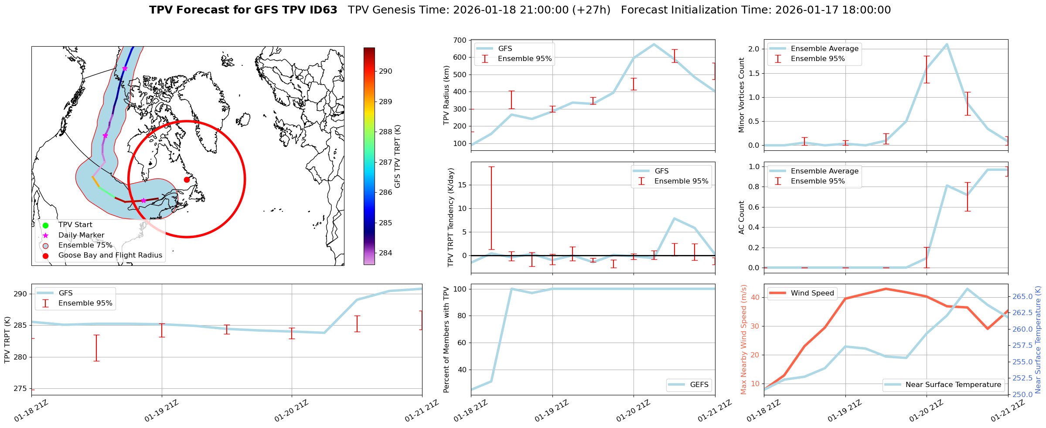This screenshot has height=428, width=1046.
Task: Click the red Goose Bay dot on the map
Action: click(187, 180)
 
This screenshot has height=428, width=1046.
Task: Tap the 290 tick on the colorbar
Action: click(385, 71)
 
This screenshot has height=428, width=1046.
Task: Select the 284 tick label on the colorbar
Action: click(385, 253)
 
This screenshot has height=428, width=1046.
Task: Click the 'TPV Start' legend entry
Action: click(75, 225)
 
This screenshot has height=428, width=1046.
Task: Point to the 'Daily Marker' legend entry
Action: click(81, 235)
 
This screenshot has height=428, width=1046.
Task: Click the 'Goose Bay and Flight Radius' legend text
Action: click(110, 255)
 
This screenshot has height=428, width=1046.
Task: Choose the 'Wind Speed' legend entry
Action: click(812, 293)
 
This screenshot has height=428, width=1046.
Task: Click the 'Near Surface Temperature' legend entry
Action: click(953, 385)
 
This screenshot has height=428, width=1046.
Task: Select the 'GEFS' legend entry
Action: click(699, 385)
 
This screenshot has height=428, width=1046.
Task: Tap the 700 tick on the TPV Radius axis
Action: click(459, 41)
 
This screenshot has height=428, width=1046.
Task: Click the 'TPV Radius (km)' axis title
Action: click(446, 95)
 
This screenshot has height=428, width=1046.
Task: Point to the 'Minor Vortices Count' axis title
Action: click(741, 95)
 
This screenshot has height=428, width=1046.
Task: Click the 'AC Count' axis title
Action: click(741, 217)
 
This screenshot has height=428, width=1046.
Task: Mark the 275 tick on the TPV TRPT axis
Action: click(20, 389)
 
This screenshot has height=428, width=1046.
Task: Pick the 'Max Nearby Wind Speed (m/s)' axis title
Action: click(743, 340)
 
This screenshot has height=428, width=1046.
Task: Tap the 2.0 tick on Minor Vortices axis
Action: click(753, 49)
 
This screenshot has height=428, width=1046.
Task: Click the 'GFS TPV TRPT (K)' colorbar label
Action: click(397, 156)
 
